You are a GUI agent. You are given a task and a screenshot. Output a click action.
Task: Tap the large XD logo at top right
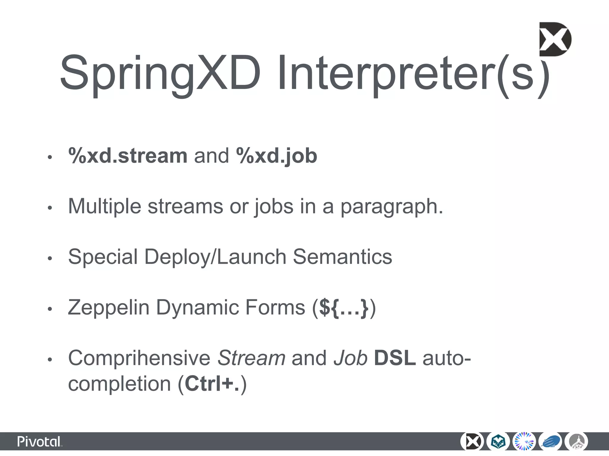click(x=555, y=39)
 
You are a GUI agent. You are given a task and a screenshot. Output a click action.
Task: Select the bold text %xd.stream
click(x=128, y=156)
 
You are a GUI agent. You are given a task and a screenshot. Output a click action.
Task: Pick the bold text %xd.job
click(x=277, y=156)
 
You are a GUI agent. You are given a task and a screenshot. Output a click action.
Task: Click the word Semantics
click(x=342, y=257)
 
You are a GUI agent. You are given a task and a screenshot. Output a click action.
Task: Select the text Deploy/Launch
click(x=215, y=257)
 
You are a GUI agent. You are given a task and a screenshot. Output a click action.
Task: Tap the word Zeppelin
click(x=109, y=308)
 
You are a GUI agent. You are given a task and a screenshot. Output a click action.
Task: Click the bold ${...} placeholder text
click(x=344, y=308)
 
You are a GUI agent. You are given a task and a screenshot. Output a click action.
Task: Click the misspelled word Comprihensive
click(x=139, y=358)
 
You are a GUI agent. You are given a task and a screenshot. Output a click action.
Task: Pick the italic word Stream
click(x=251, y=358)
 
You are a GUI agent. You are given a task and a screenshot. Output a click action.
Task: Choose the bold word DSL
click(x=395, y=358)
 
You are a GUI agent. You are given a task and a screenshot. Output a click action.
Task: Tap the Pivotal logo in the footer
click(x=40, y=442)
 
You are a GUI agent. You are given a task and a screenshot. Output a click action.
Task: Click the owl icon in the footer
click(x=498, y=442)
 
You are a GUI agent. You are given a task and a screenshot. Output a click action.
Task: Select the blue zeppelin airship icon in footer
click(x=551, y=442)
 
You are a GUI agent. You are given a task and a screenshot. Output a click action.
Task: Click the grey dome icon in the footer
click(x=577, y=442)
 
